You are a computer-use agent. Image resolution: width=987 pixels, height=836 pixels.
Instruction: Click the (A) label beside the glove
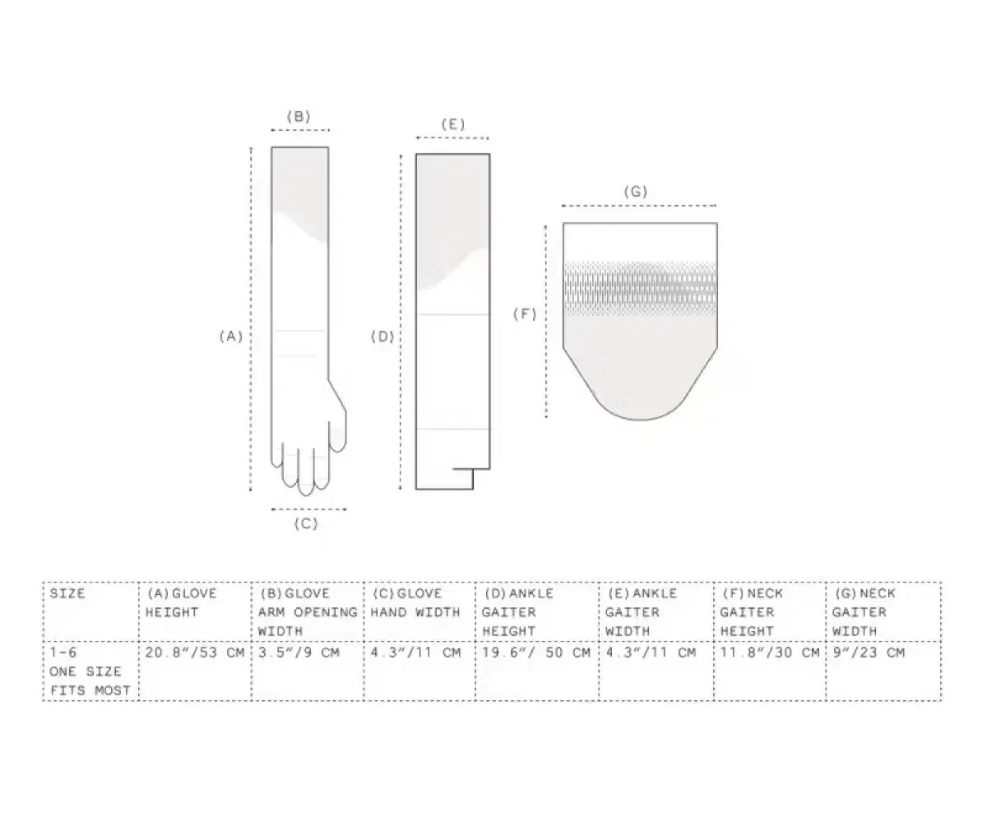(x=231, y=337)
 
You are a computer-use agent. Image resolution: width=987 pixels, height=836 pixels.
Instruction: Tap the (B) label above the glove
(x=299, y=117)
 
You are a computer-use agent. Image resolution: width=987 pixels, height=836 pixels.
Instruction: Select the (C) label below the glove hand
(x=306, y=524)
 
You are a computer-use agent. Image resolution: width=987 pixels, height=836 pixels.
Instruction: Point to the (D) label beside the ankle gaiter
(x=382, y=337)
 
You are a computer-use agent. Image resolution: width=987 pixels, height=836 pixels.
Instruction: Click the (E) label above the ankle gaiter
(x=452, y=125)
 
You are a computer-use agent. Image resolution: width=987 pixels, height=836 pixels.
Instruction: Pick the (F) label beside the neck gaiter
(x=525, y=314)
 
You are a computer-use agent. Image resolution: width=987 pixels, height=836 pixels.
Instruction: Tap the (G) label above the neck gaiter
(x=636, y=192)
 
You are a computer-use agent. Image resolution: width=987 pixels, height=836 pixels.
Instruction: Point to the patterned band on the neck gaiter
(x=641, y=288)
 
